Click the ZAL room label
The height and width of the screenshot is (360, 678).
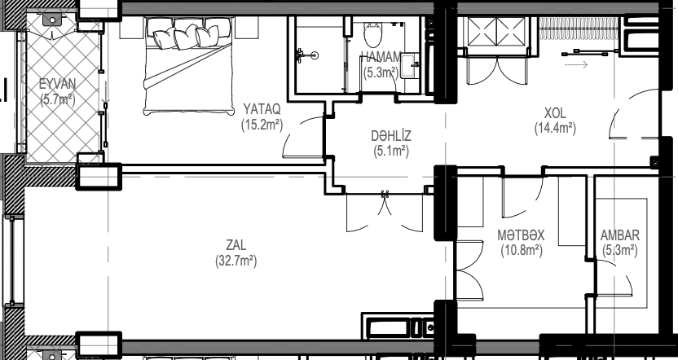click(236, 245)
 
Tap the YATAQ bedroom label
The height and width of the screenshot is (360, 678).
click(262, 108)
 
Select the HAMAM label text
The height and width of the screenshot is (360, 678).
click(381, 57)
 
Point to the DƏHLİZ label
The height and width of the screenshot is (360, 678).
click(391, 136)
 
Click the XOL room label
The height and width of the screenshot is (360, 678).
click(555, 113)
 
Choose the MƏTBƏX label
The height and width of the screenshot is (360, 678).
click(521, 235)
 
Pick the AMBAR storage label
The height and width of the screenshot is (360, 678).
click(619, 235)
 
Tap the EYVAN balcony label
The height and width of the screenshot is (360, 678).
click(58, 83)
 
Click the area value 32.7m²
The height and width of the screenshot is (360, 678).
click(236, 261)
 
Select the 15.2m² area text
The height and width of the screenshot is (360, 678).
click(262, 125)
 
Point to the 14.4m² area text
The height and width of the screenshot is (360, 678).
click(555, 129)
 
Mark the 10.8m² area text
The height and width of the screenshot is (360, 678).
click(522, 251)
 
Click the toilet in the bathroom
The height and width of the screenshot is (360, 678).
click(372, 34)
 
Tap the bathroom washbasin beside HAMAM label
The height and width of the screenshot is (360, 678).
click(409, 65)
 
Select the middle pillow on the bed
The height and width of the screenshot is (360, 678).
click(186, 37)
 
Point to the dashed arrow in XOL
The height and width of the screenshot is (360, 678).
click(576, 65)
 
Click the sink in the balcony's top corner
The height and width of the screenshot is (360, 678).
click(52, 20)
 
